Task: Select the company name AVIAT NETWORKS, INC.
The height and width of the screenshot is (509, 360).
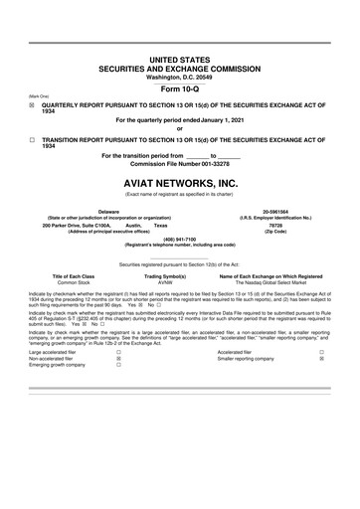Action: [179, 183]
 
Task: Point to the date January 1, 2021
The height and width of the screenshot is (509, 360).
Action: [221, 119]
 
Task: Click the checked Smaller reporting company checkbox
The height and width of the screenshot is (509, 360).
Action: [321, 360]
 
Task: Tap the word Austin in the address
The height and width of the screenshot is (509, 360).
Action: [136, 225]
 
